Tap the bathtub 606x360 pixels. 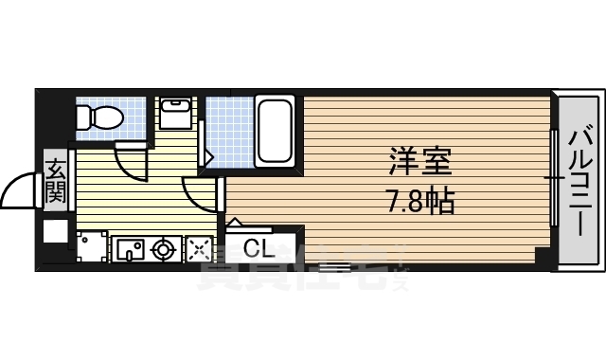pos(274,131)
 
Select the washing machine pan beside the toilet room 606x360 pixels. pos(175,116)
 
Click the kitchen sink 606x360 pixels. pos(131,250)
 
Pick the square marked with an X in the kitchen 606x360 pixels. pos(200,250)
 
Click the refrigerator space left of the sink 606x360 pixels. pos(91,249)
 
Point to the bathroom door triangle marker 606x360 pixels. pos(209,154)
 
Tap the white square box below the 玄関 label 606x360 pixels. pos(55,231)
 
